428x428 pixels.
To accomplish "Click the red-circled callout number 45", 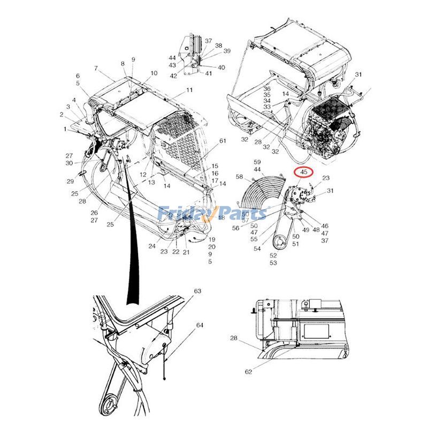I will tap(303, 172).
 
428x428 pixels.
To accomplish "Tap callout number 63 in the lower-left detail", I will tap(197, 291).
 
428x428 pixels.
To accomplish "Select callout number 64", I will tap(200, 325).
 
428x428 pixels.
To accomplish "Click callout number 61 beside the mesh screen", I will tap(223, 141).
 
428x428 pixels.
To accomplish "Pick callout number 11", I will tap(189, 90).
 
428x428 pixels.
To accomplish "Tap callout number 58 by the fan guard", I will tap(239, 177).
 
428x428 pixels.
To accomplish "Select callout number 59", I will tap(257, 162).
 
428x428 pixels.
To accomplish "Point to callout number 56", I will tap(235, 228).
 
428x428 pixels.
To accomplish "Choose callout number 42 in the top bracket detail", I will tap(173, 76).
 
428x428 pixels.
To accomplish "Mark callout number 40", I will tap(221, 67).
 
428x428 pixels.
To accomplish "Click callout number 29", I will tap(70, 181).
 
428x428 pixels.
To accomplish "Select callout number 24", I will tap(152, 247).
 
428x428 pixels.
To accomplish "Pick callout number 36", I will tap(266, 89).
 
